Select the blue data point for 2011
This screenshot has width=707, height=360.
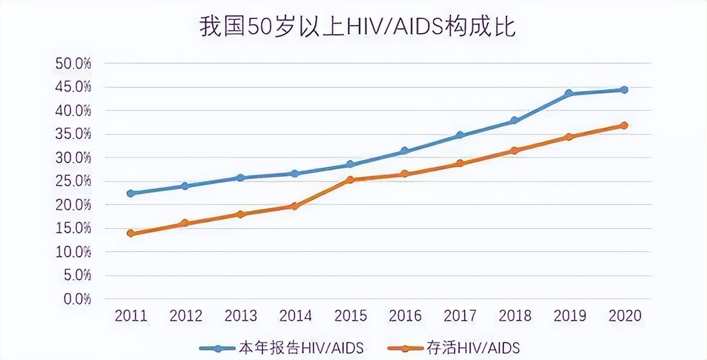[130, 193]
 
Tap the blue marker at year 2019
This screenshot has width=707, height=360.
[569, 94]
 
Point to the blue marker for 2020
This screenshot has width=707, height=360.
[624, 89]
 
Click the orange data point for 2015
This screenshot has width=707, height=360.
[350, 179]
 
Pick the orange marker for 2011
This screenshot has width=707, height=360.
[130, 233]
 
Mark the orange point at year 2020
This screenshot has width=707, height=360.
[624, 125]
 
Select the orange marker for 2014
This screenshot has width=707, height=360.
[295, 206]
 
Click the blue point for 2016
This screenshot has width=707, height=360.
[404, 151]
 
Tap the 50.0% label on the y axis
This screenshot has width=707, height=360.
[73, 63]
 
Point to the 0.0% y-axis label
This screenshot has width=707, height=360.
[76, 299]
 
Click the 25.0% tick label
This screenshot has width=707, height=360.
[73, 181]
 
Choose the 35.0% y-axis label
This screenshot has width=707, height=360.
[73, 134]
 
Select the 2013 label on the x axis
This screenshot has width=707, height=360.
[240, 316]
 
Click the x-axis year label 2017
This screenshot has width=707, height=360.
[460, 316]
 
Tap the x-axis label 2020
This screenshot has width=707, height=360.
[624, 316]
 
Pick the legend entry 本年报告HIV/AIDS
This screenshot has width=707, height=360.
[282, 348]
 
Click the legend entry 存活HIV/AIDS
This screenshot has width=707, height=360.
[453, 348]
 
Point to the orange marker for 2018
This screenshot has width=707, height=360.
[514, 150]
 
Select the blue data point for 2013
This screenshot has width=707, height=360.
[240, 178]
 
